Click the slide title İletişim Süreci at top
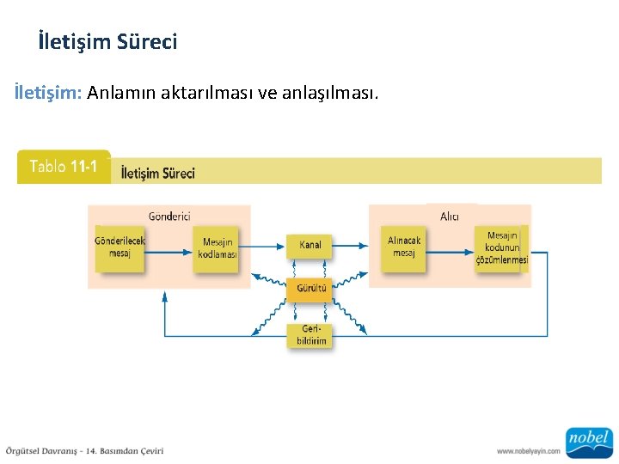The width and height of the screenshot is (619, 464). click(107, 41)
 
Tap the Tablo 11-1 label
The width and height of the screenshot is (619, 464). click(64, 167)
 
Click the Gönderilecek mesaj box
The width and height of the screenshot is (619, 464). click(120, 247)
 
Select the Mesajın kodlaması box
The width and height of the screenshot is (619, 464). click(216, 248)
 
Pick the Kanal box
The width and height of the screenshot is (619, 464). click(309, 245)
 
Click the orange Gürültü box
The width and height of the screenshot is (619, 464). click(309, 289)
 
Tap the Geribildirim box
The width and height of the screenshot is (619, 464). click(310, 335)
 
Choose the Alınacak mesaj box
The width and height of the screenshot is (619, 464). click(403, 247)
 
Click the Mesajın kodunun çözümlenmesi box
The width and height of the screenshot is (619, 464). click(500, 248)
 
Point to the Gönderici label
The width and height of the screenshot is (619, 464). click(169, 217)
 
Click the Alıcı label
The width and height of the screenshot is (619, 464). click(450, 217)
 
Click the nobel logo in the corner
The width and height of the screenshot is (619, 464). click(588, 441)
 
